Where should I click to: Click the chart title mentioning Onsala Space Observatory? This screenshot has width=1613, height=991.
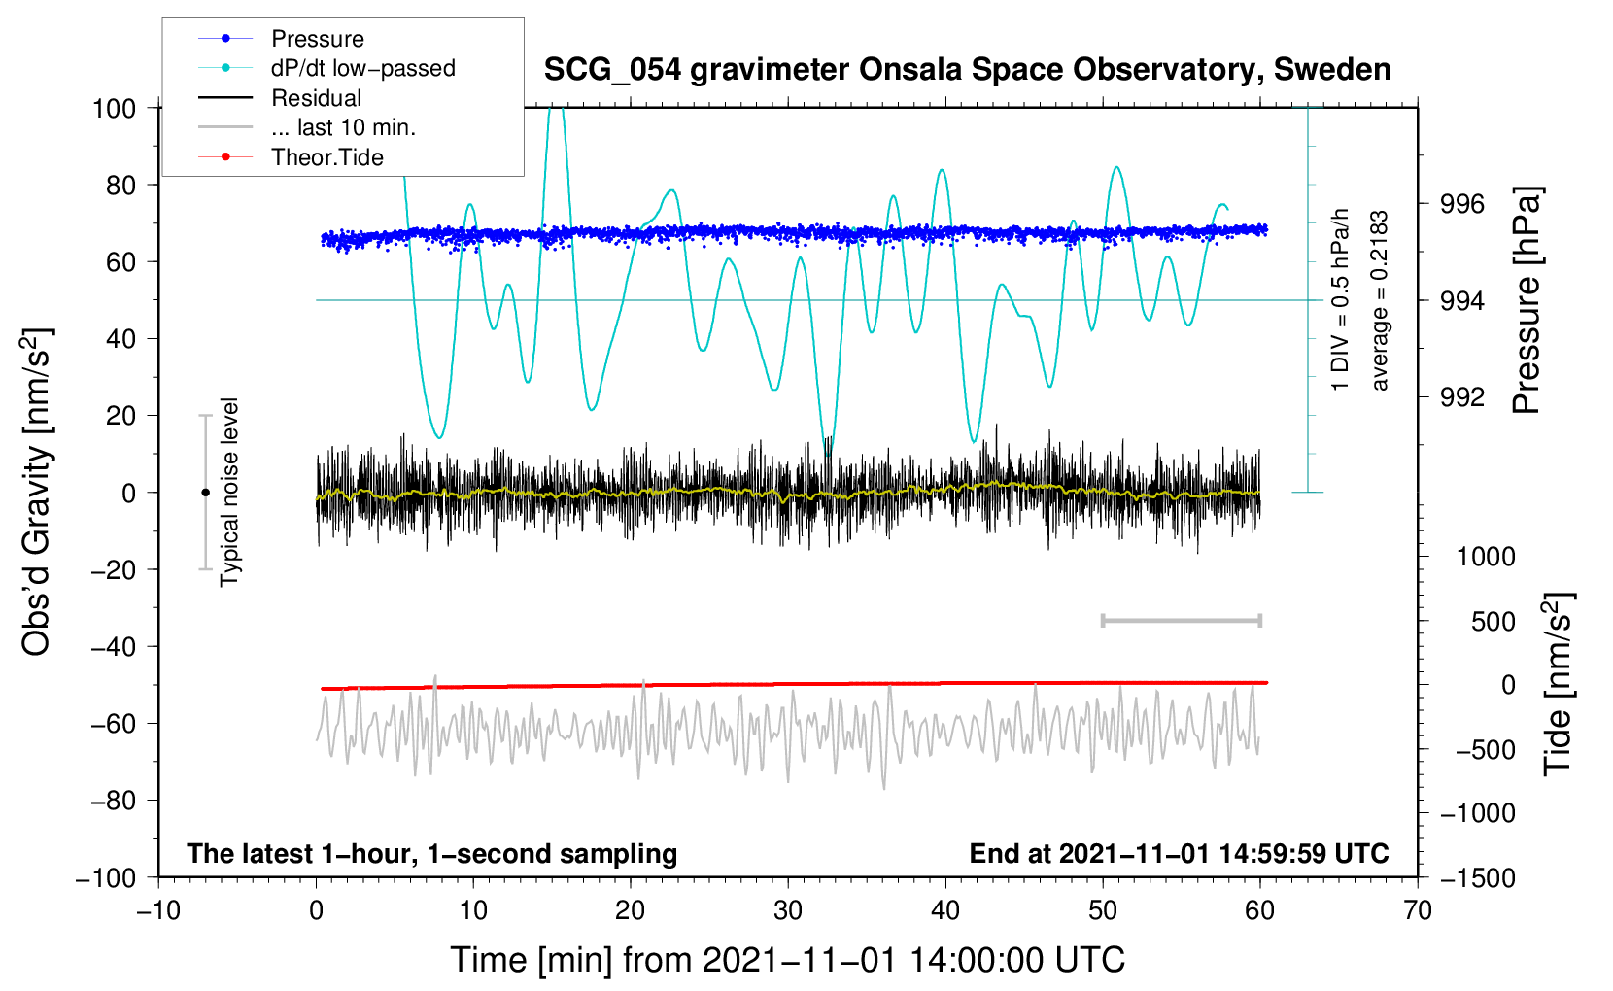(967, 70)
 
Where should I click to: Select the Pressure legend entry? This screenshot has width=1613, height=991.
(317, 39)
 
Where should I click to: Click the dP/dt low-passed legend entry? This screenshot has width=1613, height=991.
(362, 68)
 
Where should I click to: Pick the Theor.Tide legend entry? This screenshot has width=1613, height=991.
(326, 157)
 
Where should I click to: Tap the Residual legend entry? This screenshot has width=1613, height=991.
(316, 98)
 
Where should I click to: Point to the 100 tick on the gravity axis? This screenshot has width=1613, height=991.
(114, 108)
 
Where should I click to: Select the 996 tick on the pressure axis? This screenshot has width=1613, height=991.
(1462, 204)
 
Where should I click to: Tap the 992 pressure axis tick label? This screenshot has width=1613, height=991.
(1462, 396)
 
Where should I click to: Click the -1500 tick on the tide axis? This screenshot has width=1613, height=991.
(1477, 878)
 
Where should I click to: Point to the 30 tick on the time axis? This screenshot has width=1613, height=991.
(788, 910)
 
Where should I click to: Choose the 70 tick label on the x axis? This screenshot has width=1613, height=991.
(1418, 910)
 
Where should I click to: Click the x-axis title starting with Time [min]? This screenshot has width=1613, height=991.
(788, 960)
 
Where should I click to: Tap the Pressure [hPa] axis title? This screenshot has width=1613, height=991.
(1527, 300)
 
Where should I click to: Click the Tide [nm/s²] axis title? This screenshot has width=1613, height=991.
(1558, 684)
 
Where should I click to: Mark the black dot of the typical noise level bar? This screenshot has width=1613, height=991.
(205, 493)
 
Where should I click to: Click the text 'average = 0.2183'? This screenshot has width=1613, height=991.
(1379, 300)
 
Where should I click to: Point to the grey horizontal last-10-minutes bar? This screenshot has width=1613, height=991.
(1181, 620)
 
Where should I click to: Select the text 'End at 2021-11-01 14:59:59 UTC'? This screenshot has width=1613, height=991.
(1179, 854)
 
